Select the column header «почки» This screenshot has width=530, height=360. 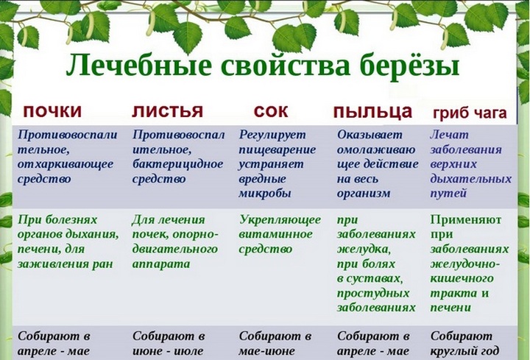52,111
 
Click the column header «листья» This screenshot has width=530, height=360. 167,111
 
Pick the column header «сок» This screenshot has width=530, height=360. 271,111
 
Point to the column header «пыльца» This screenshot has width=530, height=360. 372,112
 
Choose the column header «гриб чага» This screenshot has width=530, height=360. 469,113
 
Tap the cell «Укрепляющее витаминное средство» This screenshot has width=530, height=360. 280,234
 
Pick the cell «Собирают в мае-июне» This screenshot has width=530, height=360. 275,343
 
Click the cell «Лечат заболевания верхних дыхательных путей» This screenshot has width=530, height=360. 470,164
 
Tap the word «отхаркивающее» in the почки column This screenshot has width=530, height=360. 66,164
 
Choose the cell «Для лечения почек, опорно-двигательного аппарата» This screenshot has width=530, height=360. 174,241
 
